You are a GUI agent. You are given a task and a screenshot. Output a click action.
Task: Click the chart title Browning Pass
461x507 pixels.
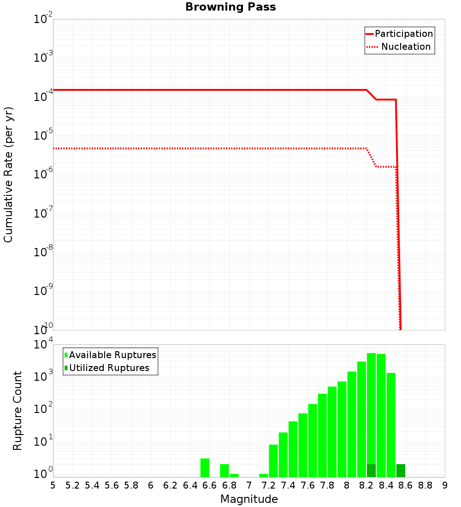230,7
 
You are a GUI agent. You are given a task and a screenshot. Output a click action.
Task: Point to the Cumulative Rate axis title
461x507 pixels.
8,175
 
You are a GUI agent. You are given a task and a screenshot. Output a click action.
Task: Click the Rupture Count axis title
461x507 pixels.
18,410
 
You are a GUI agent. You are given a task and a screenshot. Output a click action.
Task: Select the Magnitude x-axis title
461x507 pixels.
249,499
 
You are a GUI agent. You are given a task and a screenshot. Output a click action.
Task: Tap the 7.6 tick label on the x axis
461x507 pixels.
308,485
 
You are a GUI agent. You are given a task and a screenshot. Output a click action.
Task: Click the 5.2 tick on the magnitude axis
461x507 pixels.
73,485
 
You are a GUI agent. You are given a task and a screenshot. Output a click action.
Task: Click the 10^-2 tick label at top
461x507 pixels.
43,19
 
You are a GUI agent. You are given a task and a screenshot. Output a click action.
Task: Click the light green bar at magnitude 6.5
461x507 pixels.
205,468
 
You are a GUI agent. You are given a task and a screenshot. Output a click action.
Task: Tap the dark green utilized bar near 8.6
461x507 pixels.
401,471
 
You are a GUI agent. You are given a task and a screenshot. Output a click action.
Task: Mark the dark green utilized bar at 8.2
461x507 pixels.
371,471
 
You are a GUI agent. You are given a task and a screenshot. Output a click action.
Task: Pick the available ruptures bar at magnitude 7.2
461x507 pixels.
273,461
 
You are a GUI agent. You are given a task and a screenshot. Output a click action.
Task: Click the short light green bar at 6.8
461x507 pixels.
234,475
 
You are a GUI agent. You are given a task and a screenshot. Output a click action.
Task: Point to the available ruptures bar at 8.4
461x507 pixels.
391,424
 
